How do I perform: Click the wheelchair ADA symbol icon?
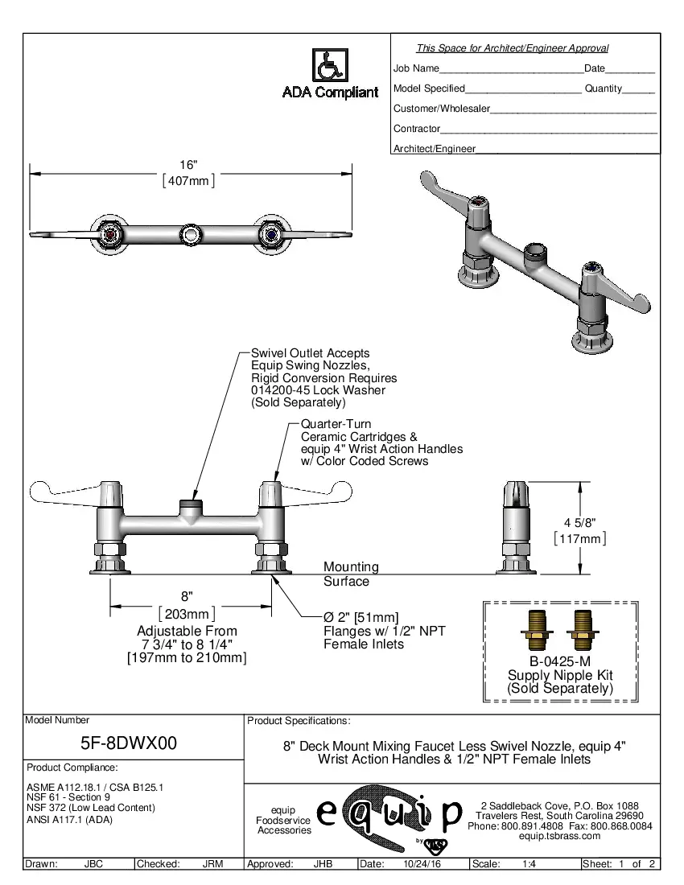point(330,64)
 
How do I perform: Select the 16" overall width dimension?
point(188,164)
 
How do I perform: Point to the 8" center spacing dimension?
point(187,596)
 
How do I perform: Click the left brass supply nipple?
point(535,629)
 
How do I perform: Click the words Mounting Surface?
point(350,574)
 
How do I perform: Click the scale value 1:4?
point(529,864)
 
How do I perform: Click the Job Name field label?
point(416,68)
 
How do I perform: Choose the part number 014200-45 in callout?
point(278,390)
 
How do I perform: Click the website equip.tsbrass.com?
point(560,836)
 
